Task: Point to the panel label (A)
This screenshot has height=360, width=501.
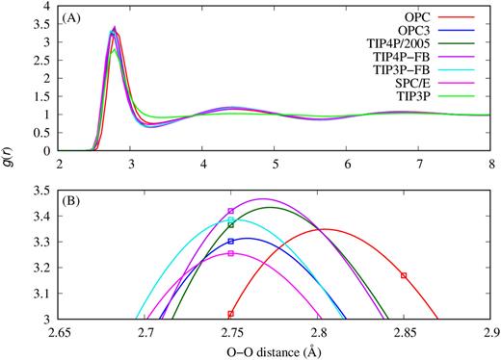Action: click(x=76, y=16)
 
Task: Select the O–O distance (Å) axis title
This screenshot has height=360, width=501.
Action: click(x=275, y=350)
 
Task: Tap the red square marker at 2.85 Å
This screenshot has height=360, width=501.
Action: click(x=404, y=275)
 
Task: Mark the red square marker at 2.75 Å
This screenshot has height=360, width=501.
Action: click(x=231, y=314)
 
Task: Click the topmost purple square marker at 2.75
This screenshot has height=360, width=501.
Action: click(x=231, y=211)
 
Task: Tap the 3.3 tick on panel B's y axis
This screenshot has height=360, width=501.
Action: click(x=44, y=242)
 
